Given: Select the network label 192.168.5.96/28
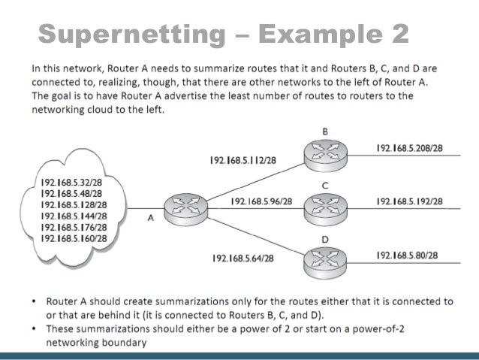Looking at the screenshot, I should [x=262, y=201].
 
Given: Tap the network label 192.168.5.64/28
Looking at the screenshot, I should [x=243, y=259].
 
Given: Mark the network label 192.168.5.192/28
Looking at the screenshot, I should [x=409, y=201].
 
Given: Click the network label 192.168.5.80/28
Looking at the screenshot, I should [x=407, y=256].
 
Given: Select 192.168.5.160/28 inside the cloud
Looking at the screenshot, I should [x=74, y=238].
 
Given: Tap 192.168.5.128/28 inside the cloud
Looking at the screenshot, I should [x=74, y=204].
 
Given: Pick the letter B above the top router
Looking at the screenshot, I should [x=325, y=131].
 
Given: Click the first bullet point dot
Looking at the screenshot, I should [x=35, y=301].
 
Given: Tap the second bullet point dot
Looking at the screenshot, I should [x=35, y=328].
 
